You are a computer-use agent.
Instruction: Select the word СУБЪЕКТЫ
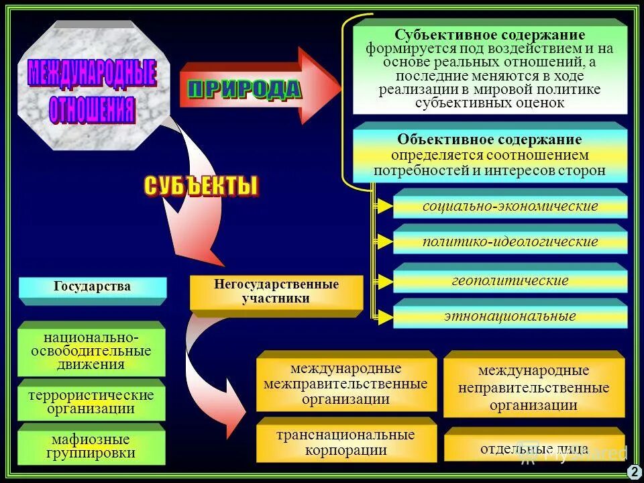[x=201, y=186]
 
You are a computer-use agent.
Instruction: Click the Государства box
[x=93, y=287]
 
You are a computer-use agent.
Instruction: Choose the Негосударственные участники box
[x=276, y=292]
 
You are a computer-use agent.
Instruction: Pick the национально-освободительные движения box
[x=91, y=350]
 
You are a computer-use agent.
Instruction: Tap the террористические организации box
[x=91, y=402]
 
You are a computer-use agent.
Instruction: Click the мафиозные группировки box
[x=91, y=446]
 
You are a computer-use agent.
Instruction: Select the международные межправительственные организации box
[x=345, y=384]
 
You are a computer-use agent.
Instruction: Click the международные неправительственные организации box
[x=534, y=388]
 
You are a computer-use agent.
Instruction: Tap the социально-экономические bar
[x=510, y=206]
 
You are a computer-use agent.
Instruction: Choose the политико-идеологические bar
[x=510, y=241]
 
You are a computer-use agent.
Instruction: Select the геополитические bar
[x=510, y=280]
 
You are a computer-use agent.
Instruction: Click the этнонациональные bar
[x=510, y=316]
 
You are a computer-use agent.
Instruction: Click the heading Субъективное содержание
[x=490, y=35]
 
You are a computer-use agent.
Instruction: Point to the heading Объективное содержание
[x=490, y=140]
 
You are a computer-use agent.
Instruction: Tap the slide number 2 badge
[x=634, y=472]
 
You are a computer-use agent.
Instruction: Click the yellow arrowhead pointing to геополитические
[x=384, y=280]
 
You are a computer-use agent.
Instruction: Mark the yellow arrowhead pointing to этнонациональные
[x=384, y=316]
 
